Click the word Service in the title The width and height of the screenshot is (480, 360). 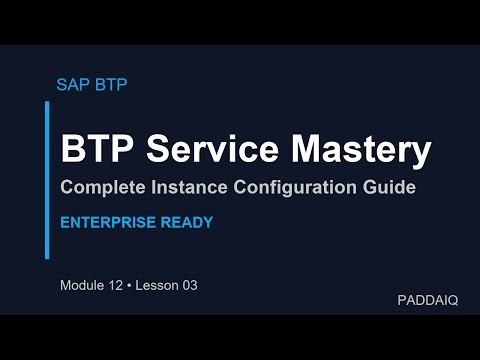[x=207, y=150]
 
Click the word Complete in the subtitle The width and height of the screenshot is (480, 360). [x=102, y=188]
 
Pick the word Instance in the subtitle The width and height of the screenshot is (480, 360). [x=186, y=188]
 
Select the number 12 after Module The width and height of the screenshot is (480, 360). [x=118, y=286]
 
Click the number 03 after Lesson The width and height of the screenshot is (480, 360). [x=189, y=286]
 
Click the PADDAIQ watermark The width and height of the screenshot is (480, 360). [x=427, y=300]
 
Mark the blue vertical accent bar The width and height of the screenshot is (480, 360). [x=47, y=180]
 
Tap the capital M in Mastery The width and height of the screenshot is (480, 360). [x=303, y=150]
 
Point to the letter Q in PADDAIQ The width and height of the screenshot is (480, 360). [x=452, y=300]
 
